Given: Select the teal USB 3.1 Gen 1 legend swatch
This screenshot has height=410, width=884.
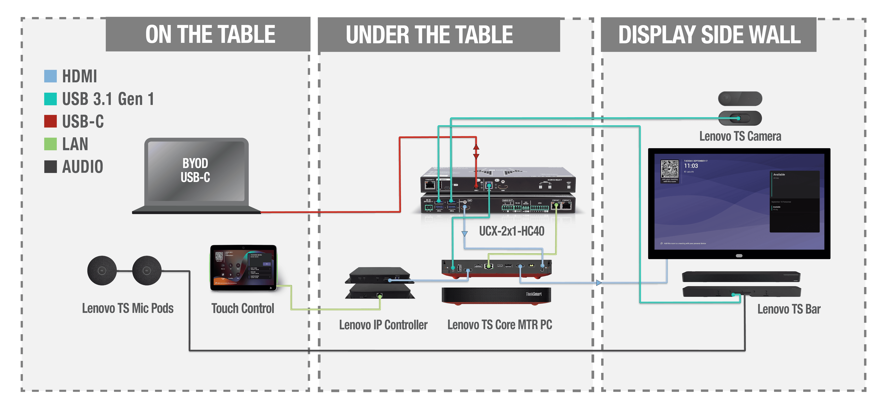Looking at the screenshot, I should click(51, 99).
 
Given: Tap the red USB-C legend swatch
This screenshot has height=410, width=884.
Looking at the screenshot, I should click(51, 121).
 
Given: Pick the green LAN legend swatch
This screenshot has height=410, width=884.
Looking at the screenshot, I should click(51, 144).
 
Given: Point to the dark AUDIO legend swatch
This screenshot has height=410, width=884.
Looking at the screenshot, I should click(51, 166).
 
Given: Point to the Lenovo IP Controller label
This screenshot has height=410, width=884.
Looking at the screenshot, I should click(383, 325).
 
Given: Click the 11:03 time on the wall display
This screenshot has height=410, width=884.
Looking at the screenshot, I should click(691, 166).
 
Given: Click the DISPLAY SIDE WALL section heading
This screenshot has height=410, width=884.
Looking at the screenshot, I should click(709, 35).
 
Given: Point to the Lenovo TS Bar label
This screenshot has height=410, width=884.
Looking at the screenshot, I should click(789, 309).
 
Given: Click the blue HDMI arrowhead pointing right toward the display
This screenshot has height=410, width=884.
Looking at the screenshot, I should click(599, 283).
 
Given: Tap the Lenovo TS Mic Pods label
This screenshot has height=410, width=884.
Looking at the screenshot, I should click(128, 308).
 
